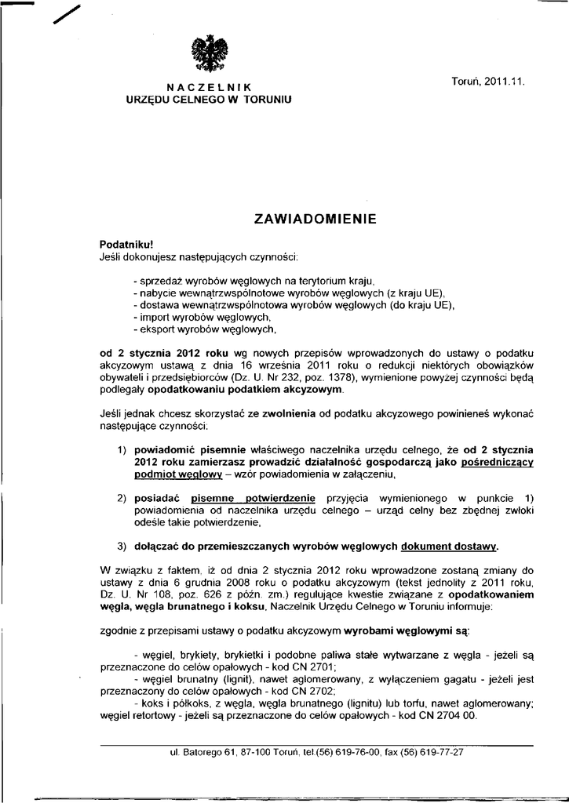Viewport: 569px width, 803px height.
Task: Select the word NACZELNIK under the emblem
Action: [208, 88]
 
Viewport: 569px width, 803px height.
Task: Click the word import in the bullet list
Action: [153, 318]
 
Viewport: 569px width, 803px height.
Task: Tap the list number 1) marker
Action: [122, 450]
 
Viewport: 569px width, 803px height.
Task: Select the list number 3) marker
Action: [122, 546]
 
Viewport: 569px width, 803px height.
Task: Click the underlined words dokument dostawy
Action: [448, 546]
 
